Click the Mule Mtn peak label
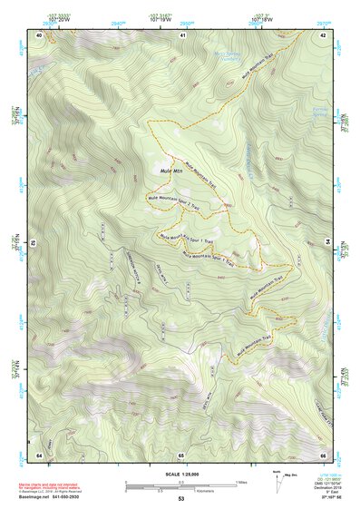click(x=171, y=170)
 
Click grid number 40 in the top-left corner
click(x=39, y=34)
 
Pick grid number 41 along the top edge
click(x=182, y=34)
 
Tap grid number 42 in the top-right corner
click(x=323, y=34)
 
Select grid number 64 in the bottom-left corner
click(x=39, y=454)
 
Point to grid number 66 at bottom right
click(x=323, y=454)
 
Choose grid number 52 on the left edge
click(x=33, y=243)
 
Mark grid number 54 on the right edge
click(x=327, y=242)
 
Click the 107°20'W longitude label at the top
click(x=57, y=17)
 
